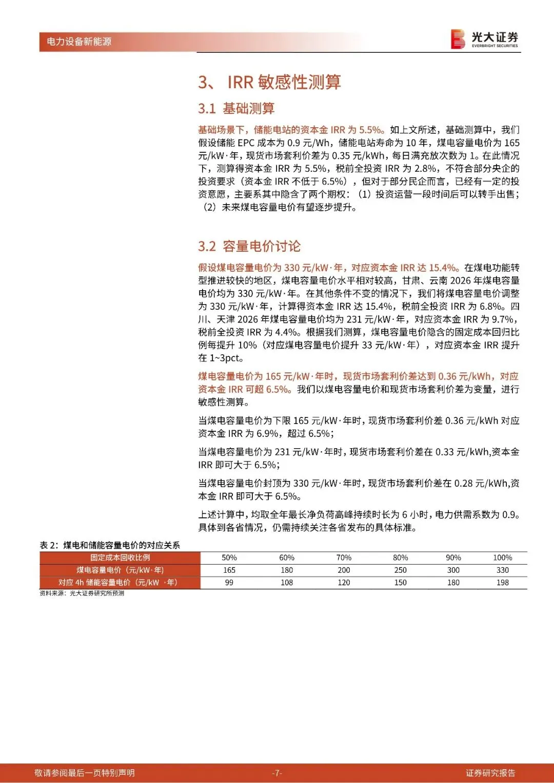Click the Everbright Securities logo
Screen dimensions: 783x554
click(x=484, y=39)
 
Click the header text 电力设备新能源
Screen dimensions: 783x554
click(x=79, y=42)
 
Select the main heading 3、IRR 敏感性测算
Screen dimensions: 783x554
click(x=269, y=82)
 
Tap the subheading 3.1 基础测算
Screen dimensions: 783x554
click(x=236, y=109)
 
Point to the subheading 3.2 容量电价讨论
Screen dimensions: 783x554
click(x=249, y=246)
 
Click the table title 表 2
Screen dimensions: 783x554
click(x=110, y=545)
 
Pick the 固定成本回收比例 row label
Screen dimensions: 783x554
click(x=120, y=557)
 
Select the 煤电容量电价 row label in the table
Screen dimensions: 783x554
click(x=120, y=570)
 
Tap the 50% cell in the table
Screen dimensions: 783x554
click(x=229, y=557)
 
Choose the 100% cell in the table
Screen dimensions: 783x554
click(x=502, y=557)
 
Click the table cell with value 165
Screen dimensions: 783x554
click(x=229, y=570)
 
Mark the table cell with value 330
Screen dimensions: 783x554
click(x=502, y=570)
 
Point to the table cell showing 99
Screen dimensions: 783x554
click(x=229, y=583)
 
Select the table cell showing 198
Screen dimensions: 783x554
click(x=502, y=583)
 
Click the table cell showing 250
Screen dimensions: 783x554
click(x=400, y=570)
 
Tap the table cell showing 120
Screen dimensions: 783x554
click(x=344, y=583)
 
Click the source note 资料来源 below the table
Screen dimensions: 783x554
click(x=82, y=593)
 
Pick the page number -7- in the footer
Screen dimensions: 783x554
click(x=277, y=773)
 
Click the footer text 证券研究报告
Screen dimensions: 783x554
click(x=490, y=773)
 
